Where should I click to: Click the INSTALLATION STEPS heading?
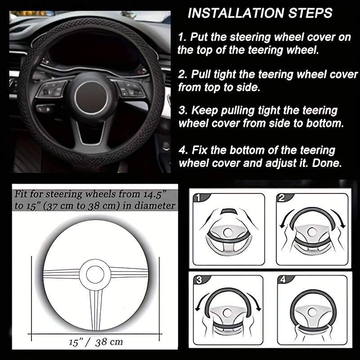pos(260,13)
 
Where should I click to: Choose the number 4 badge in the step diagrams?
pos(282,280)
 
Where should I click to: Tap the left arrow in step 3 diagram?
pos(198,305)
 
